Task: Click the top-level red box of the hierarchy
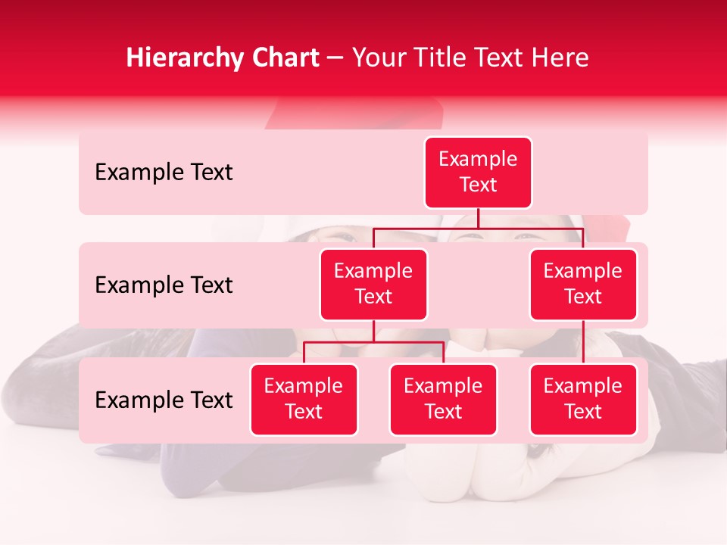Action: [478, 173]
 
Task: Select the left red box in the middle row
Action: [373, 284]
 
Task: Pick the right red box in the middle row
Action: [583, 284]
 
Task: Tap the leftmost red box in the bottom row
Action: [304, 399]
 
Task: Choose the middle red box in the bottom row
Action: [443, 399]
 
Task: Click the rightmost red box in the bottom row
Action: [583, 399]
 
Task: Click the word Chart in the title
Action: [286, 58]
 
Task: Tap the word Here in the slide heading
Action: [561, 58]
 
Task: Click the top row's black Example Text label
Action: [164, 173]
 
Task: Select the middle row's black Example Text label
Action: [164, 285]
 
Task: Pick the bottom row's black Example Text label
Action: [164, 400]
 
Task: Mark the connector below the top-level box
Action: [478, 218]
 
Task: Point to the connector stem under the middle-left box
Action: [373, 332]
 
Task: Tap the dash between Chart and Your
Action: [335, 59]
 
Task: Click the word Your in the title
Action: [376, 58]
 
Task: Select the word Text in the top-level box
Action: [478, 185]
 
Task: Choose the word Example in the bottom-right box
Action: [583, 386]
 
